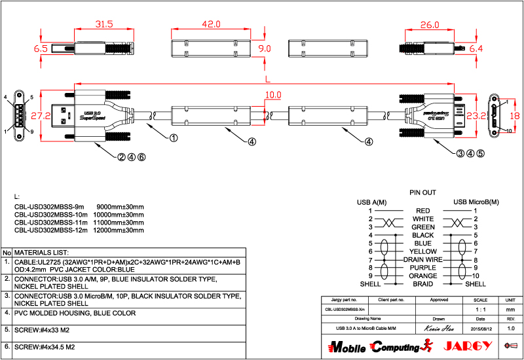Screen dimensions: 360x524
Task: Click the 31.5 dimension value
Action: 104,24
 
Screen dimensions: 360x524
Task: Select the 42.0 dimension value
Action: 210,24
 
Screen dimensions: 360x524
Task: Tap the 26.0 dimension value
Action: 430,25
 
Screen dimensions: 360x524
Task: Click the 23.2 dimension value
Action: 476,116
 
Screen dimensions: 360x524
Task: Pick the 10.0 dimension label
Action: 273,96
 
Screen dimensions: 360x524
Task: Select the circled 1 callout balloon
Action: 174,138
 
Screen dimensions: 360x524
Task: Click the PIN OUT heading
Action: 422,193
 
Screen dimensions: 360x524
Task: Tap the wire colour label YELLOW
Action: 423,251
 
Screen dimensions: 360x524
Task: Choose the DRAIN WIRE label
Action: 423,260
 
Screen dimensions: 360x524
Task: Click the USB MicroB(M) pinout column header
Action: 476,202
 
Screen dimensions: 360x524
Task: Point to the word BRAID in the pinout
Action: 423,284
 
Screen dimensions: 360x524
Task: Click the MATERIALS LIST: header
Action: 41,252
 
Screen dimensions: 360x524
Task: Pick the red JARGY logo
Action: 464,346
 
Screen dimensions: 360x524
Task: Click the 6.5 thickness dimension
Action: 41,48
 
